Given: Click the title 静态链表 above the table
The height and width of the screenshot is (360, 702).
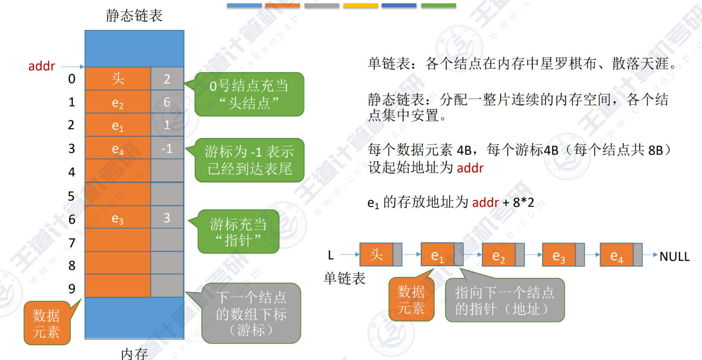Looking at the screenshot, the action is click(134, 15).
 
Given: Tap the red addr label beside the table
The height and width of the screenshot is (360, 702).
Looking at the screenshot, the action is click(42, 66).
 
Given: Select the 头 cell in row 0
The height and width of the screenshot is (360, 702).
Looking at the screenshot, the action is click(118, 79).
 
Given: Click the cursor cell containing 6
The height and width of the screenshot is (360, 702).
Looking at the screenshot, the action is click(167, 102).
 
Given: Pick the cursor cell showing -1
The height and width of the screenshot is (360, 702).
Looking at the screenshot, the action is click(167, 148).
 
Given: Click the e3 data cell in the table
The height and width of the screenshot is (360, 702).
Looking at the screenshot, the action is click(118, 218).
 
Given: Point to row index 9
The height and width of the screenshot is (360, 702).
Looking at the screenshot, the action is click(72, 288).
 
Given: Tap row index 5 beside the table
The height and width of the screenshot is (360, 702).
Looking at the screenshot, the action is click(72, 196).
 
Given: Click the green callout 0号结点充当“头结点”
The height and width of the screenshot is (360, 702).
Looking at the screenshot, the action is click(249, 94).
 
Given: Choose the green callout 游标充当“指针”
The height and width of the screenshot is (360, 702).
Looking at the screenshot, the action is click(239, 231).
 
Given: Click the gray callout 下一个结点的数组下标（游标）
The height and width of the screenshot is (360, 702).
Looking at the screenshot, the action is click(251, 314).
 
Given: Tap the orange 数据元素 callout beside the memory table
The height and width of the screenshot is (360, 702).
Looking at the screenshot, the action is click(46, 324).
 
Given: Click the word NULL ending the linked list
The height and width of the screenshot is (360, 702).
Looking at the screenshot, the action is click(674, 257).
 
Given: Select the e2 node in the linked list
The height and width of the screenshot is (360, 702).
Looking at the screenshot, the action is click(498, 256).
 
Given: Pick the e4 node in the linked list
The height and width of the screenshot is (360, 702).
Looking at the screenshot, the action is click(616, 256).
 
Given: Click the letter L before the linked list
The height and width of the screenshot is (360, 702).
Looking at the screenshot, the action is click(331, 254).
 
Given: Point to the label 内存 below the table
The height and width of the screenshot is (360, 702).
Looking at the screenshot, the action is click(134, 354).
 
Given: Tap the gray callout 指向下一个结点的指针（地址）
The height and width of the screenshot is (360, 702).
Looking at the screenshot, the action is click(504, 300).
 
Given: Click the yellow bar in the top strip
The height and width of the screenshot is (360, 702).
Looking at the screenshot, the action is click(360, 5).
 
